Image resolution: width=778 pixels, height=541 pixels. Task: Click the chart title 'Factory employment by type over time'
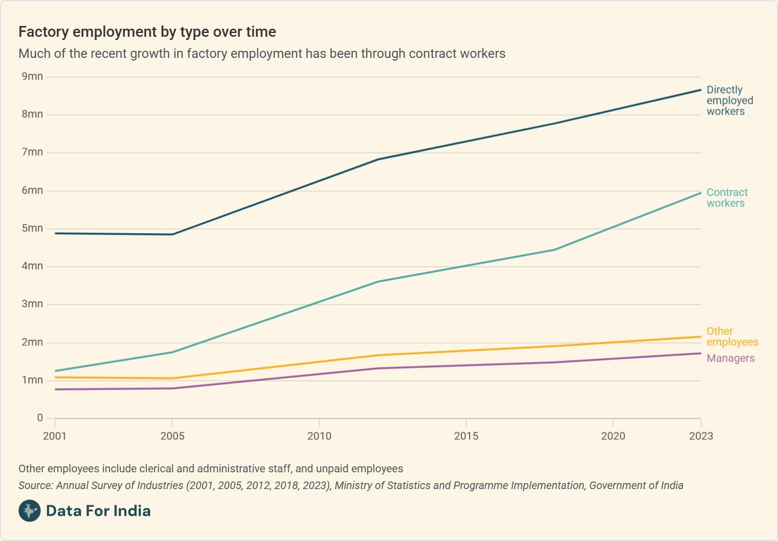[147, 32]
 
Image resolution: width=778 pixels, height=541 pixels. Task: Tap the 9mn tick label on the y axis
[32, 76]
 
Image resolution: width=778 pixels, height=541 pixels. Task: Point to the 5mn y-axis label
[32, 228]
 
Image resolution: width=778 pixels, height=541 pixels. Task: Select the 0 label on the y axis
[40, 418]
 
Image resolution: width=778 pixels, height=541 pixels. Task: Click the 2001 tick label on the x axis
[55, 436]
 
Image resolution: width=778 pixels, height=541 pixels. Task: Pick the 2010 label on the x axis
[319, 436]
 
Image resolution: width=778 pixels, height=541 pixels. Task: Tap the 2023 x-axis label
[701, 436]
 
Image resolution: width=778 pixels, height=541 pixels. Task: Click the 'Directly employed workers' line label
[729, 101]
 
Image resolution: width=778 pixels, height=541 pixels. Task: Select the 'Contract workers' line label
[727, 198]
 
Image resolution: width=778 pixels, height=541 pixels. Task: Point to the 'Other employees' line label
[732, 337]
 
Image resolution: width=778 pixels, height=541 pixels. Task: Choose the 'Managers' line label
[730, 358]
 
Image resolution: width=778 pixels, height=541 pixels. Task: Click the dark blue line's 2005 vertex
[172, 234]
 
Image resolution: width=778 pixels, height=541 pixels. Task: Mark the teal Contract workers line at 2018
[554, 250]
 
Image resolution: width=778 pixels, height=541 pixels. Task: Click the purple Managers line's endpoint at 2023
[701, 353]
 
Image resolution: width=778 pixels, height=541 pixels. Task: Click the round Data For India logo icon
[30, 511]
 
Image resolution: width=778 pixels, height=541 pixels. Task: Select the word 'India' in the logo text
[132, 511]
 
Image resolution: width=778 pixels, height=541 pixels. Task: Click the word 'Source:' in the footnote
[36, 485]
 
